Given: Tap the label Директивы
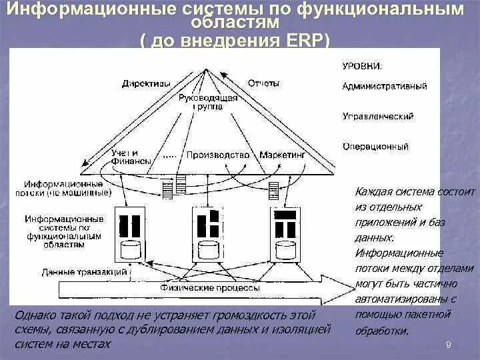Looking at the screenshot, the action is coord(147,83).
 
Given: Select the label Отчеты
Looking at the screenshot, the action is coord(263,83).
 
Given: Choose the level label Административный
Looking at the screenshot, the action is coord(385,87).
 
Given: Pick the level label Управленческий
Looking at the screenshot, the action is coord(377,116).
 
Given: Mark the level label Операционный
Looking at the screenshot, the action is coord(375,146).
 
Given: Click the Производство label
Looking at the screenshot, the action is coord(218,155).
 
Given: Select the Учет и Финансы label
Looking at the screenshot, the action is coord(125,157).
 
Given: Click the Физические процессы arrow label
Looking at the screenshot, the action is coord(210,288).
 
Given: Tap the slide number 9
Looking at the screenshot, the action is coord(448,344).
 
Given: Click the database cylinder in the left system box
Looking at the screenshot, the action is coord(131,251).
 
